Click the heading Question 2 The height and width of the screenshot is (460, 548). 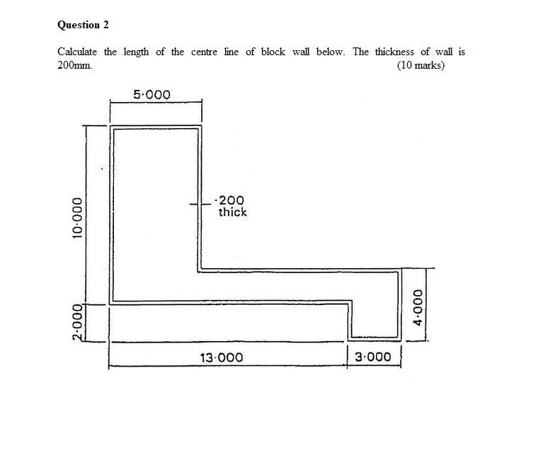(83, 25)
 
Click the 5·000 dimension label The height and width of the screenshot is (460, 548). (152, 95)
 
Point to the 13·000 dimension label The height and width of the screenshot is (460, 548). (221, 357)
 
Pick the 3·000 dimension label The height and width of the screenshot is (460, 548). (372, 357)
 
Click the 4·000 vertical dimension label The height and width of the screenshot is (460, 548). (418, 306)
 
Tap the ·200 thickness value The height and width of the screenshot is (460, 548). (232, 200)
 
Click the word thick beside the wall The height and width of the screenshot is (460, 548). (232, 212)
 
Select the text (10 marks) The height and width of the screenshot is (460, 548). (421, 66)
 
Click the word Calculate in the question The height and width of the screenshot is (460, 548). (77, 52)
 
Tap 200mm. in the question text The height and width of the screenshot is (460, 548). (74, 66)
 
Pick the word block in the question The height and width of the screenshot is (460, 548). (273, 52)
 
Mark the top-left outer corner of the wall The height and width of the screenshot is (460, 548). (110, 125)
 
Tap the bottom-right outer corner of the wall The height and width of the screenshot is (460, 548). (401, 339)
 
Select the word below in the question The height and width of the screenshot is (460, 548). (330, 52)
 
